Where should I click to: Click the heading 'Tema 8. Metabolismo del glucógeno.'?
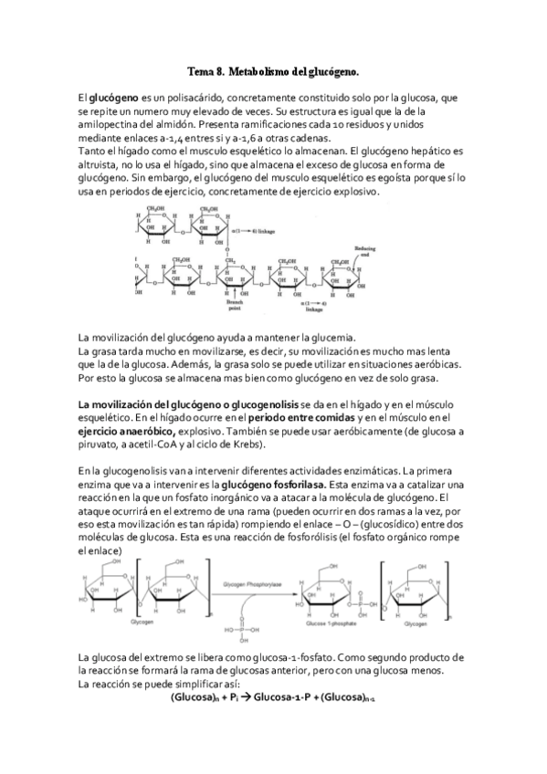pyautogui.click(x=273, y=69)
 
